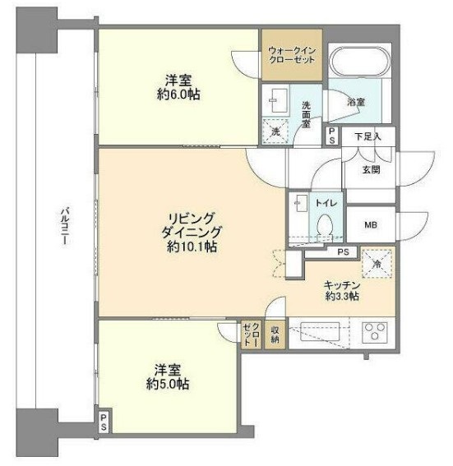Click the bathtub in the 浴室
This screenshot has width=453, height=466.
click(360, 62)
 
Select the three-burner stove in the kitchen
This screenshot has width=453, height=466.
click(375, 332)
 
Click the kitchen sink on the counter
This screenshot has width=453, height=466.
click(320, 332)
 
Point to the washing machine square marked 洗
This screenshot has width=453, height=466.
click(275, 131)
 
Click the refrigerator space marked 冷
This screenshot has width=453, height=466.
click(377, 264)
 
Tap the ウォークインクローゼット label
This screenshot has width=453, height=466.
click(292, 55)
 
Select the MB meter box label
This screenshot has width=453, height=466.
click(371, 224)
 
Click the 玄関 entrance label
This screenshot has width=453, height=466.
click(372, 169)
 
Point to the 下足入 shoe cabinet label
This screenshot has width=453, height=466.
click(368, 136)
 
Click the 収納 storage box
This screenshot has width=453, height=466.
click(275, 335)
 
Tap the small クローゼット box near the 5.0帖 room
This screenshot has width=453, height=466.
click(252, 335)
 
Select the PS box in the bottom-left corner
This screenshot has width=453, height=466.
click(104, 422)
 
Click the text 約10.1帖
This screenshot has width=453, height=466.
click(192, 247)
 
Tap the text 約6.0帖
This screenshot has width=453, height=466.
click(178, 95)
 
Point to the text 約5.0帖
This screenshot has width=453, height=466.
click(168, 385)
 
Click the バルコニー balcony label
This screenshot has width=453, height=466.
click(65, 228)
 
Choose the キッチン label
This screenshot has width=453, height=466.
click(342, 286)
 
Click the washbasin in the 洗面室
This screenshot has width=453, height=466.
click(279, 100)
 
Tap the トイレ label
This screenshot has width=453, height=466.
click(326, 203)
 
